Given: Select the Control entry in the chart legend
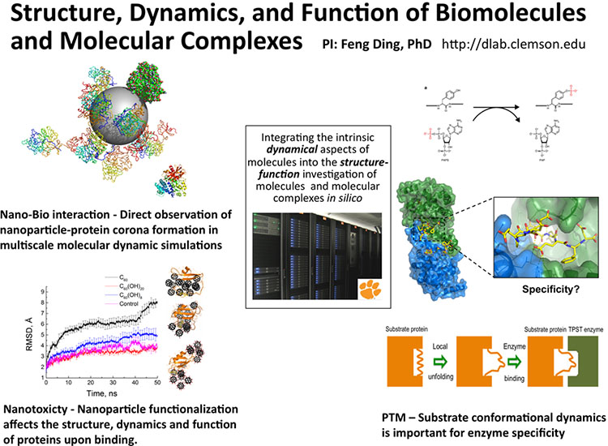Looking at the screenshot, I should point(129,305).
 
